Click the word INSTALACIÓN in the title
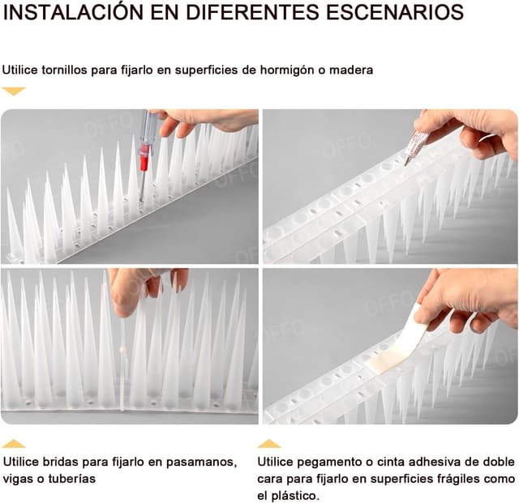tap(73, 12)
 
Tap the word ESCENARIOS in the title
tap(394, 13)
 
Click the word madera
tap(351, 70)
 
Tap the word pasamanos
tap(201, 463)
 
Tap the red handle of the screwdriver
tap(144, 157)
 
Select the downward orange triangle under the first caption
tap(14, 91)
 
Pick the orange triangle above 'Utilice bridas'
tap(14, 444)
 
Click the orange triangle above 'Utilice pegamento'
tap(269, 444)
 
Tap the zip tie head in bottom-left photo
tap(122, 349)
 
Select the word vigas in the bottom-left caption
tap(18, 480)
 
